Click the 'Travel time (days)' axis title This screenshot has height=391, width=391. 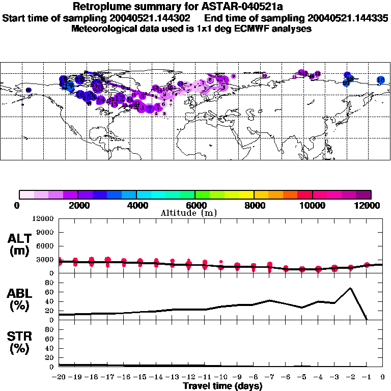coord(222,386)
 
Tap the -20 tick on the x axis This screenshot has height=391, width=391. coord(60,377)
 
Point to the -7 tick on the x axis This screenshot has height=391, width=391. coord(269,377)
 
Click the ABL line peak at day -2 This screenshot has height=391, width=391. coord(350,288)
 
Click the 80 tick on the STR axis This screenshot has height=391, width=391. coord(50,329)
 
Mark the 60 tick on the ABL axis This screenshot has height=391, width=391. coord(50,292)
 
